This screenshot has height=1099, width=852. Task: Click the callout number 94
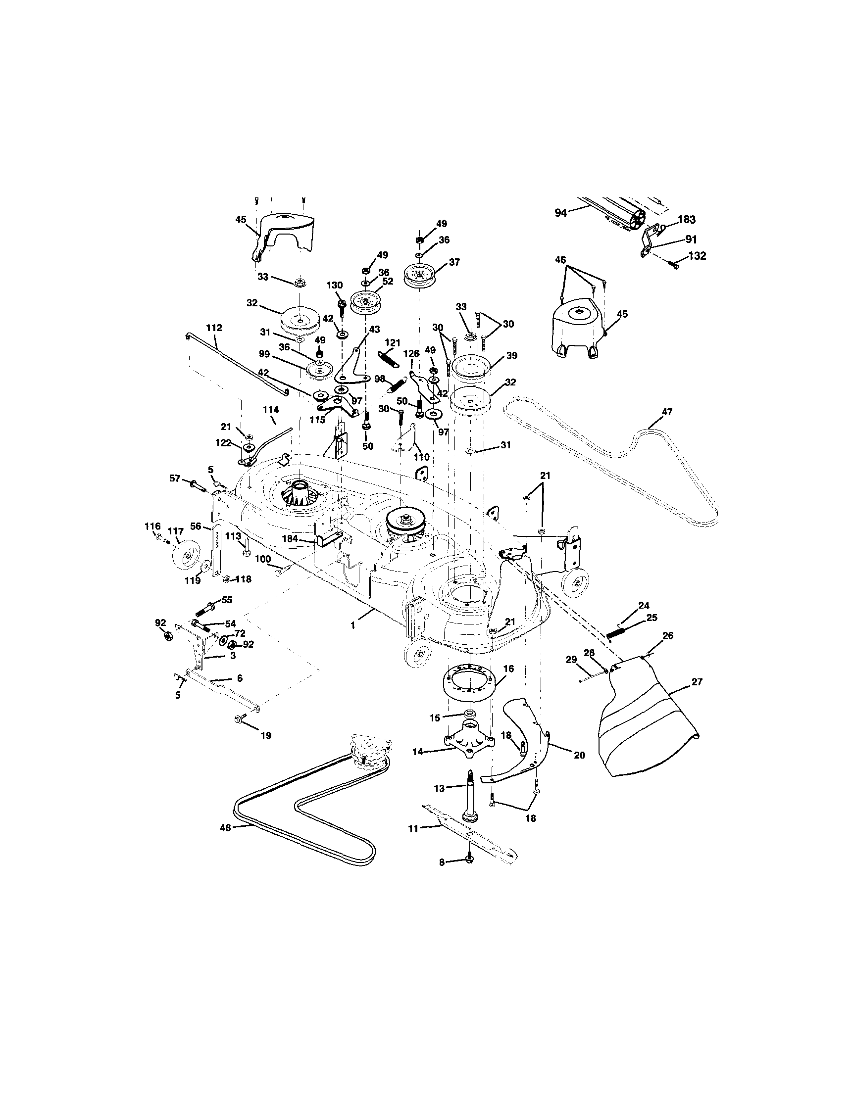(x=560, y=213)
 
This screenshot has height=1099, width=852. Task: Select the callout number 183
(x=686, y=219)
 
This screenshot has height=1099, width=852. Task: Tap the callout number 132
(x=697, y=256)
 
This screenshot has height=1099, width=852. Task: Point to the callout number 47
(x=667, y=412)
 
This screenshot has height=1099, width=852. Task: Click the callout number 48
(x=225, y=827)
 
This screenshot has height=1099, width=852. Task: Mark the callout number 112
(x=213, y=328)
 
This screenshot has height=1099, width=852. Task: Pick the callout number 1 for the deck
(x=353, y=624)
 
